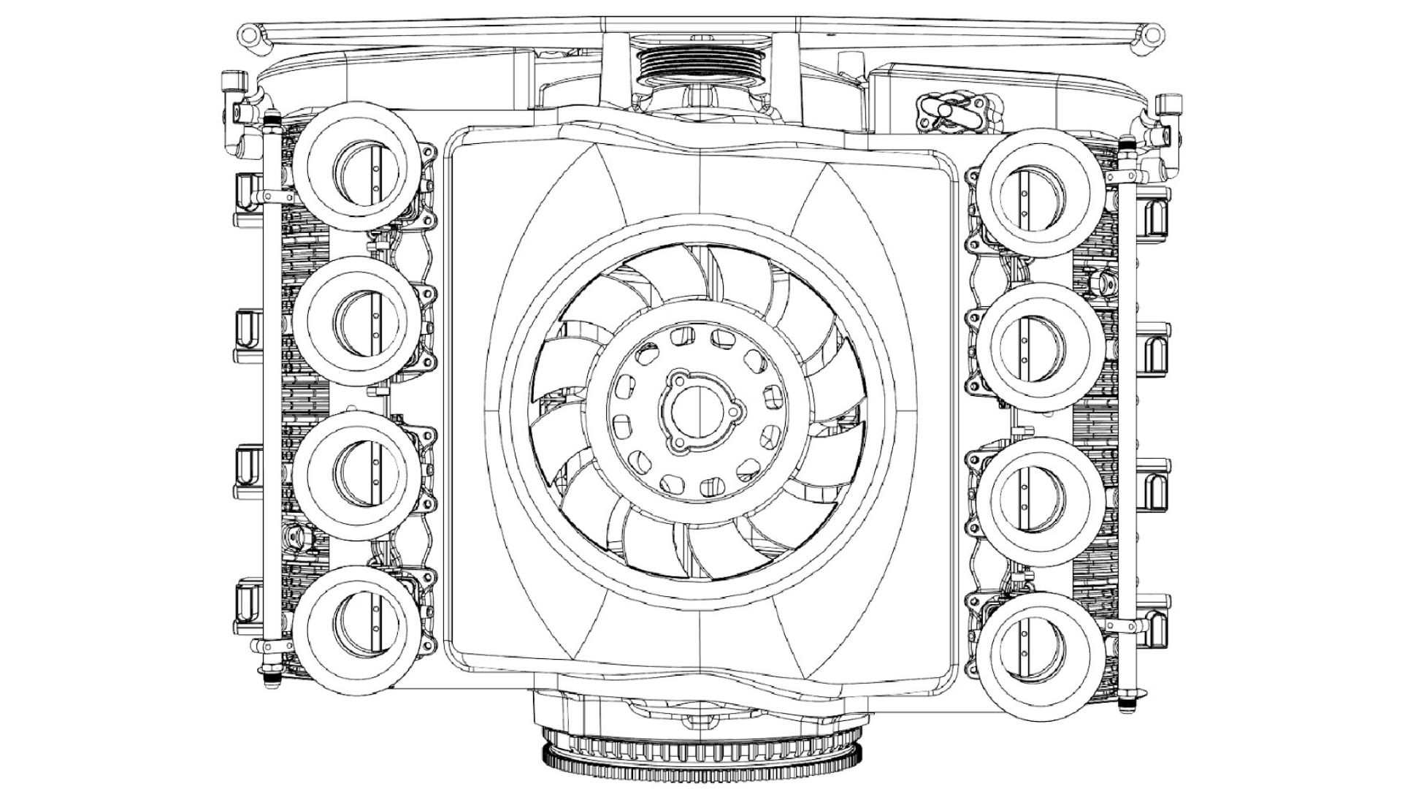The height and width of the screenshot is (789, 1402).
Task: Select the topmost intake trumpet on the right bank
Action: [1041, 191]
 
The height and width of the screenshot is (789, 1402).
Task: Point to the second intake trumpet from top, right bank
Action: [1041, 343]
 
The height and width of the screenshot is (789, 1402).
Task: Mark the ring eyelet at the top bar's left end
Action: [250, 34]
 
